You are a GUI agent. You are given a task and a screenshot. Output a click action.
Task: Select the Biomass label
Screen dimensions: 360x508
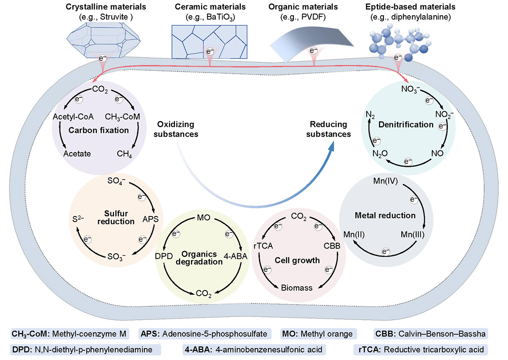[297, 288]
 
